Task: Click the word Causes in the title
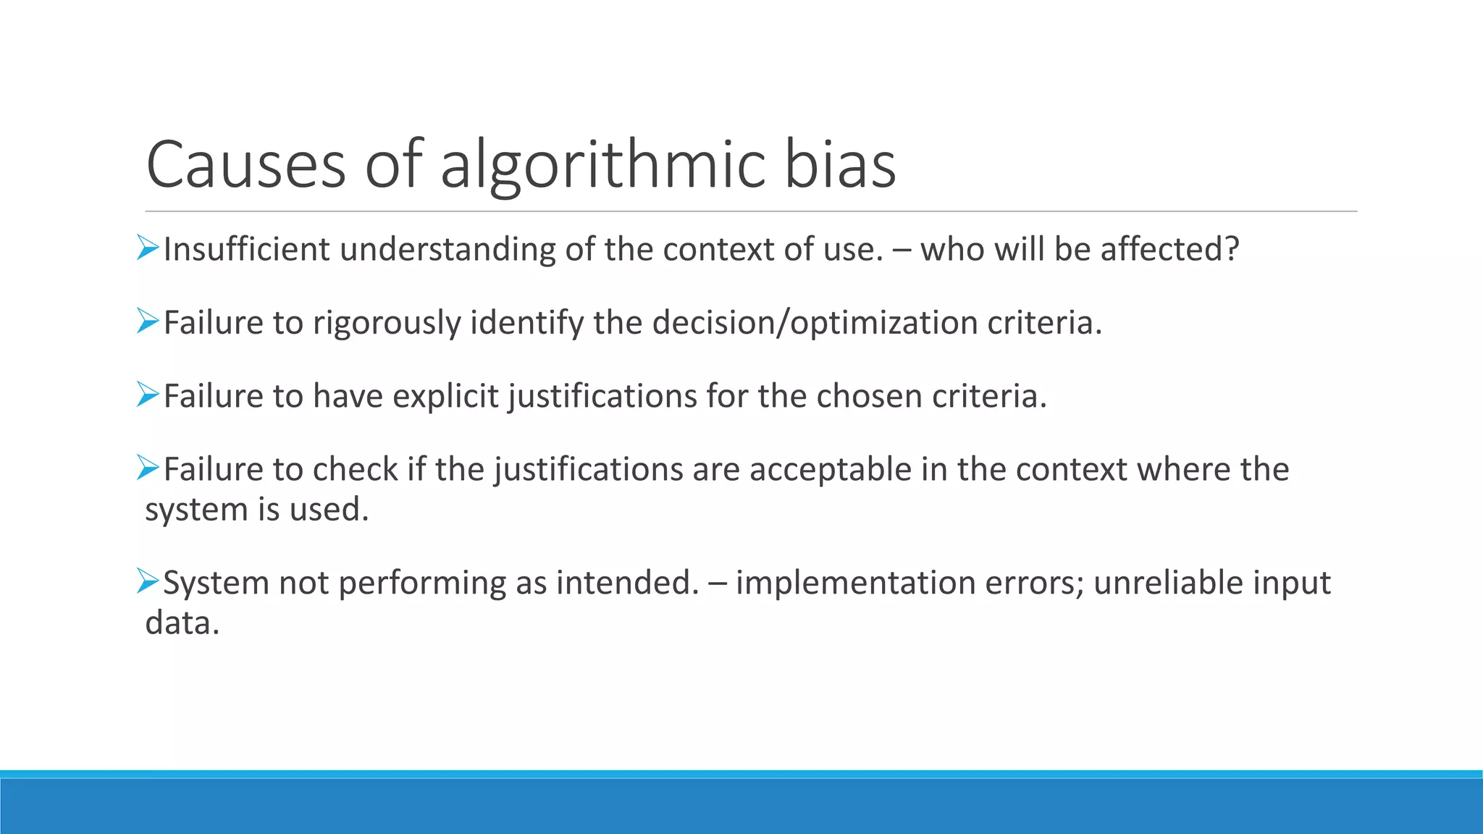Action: [x=246, y=165]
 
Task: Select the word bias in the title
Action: [x=840, y=165]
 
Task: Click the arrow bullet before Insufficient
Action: [x=148, y=249]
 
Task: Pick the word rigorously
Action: [x=387, y=323]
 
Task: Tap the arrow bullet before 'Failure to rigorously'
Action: [x=148, y=321]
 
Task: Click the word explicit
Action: [x=445, y=396]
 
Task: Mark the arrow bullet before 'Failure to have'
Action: [x=148, y=395]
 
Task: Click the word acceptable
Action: [x=830, y=469]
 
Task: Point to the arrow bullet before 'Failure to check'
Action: [x=148, y=468]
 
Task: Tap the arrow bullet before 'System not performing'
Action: [x=148, y=581]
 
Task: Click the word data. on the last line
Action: [x=182, y=623]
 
